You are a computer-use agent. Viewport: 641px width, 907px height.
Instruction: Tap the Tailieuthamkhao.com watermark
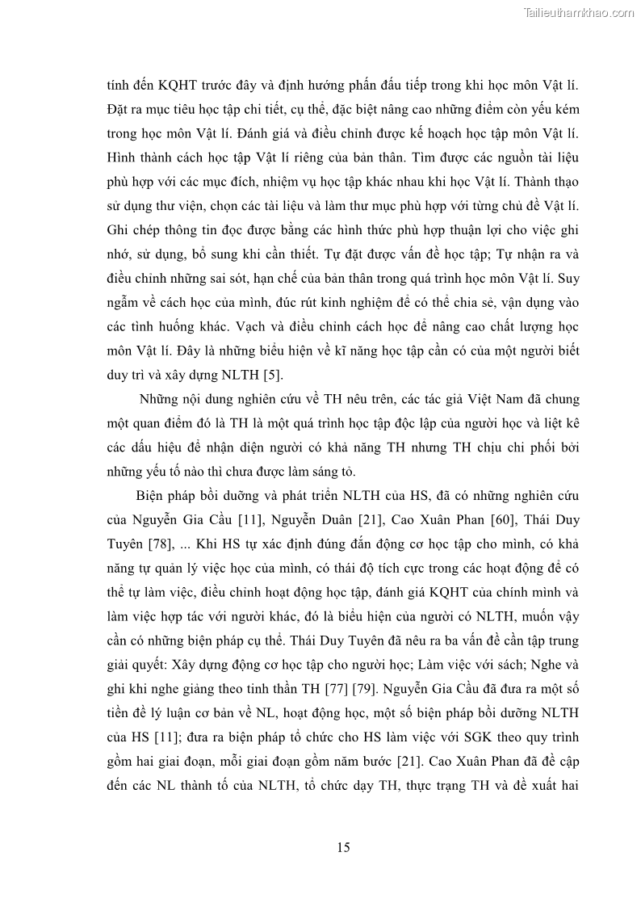coord(579,12)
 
